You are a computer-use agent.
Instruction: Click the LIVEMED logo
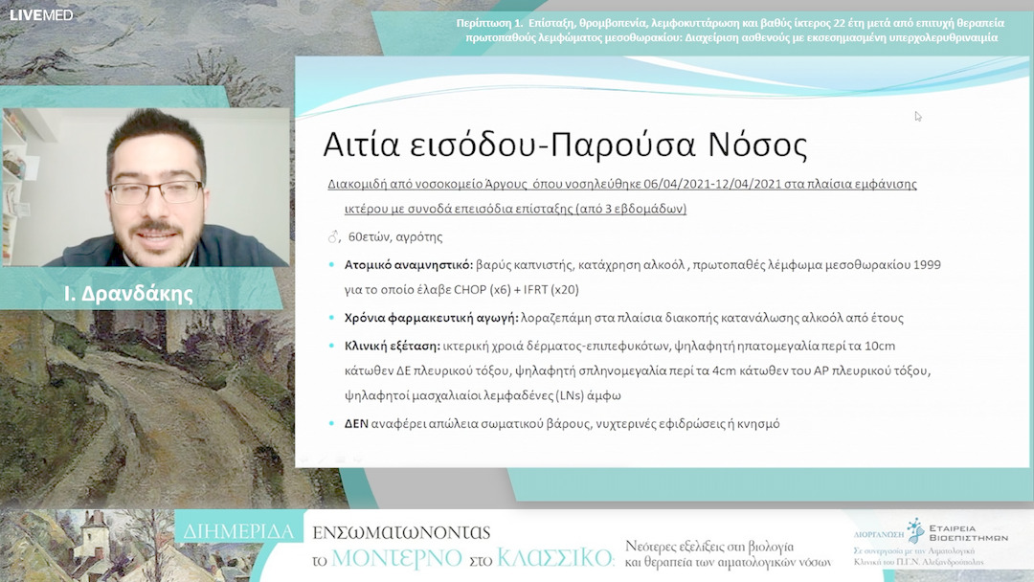click(41, 14)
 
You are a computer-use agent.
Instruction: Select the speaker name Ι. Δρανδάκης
click(128, 294)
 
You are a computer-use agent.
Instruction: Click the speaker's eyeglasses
click(155, 190)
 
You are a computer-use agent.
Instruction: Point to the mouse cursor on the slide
click(918, 116)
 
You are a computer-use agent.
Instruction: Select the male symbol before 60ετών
click(333, 236)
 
